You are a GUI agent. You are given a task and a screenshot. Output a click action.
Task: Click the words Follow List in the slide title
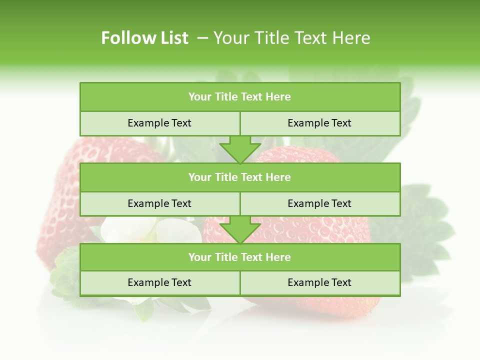pyautogui.click(x=144, y=38)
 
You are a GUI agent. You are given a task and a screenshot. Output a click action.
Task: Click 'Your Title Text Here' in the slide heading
pyautogui.click(x=292, y=38)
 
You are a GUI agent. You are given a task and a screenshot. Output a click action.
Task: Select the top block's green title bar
pyautogui.click(x=240, y=97)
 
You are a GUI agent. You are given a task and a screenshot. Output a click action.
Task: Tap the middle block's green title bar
pyautogui.click(x=240, y=177)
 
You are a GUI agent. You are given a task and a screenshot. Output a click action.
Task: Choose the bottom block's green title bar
pyautogui.click(x=240, y=257)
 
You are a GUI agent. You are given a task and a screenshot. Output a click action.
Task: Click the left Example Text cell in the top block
pyautogui.click(x=159, y=123)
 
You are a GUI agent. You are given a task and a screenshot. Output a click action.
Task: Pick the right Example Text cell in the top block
pyautogui.click(x=319, y=123)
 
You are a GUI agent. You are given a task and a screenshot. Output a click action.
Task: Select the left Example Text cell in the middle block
pyautogui.click(x=159, y=203)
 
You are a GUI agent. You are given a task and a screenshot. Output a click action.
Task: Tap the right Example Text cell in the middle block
pyautogui.click(x=319, y=203)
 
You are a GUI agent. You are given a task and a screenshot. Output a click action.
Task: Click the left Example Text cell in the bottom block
pyautogui.click(x=159, y=282)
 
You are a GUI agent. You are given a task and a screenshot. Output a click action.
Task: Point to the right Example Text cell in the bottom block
pyautogui.click(x=319, y=282)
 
